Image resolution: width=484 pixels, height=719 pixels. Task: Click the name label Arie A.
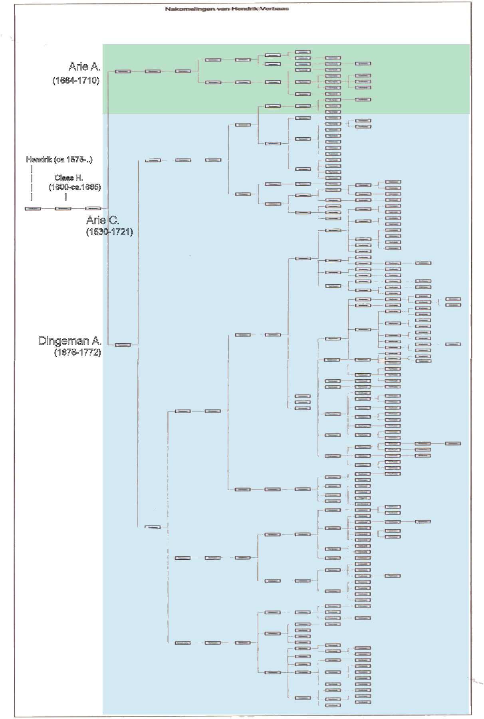(84, 66)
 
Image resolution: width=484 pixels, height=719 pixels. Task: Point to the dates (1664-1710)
(76, 80)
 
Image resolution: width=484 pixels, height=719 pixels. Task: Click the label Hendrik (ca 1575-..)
(59, 160)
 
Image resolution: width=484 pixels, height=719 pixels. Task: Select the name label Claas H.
(69, 178)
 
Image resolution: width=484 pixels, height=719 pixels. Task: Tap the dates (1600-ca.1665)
(75, 187)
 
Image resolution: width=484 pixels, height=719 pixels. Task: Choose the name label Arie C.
(102, 220)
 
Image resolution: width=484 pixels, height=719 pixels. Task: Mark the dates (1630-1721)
(109, 232)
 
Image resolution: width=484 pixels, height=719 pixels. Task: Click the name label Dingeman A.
(69, 341)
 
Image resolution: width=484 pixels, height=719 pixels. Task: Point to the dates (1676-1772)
(77, 352)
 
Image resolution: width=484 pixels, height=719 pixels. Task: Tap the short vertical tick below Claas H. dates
(66, 196)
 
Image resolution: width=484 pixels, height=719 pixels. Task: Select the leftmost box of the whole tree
(33, 208)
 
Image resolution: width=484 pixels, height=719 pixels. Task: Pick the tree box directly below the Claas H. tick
(63, 208)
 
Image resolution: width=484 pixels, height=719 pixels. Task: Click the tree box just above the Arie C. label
(93, 208)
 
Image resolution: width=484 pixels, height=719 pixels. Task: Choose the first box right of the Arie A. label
(123, 71)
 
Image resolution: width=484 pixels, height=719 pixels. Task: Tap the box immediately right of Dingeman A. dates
(123, 345)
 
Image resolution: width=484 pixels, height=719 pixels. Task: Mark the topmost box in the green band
(303, 52)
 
